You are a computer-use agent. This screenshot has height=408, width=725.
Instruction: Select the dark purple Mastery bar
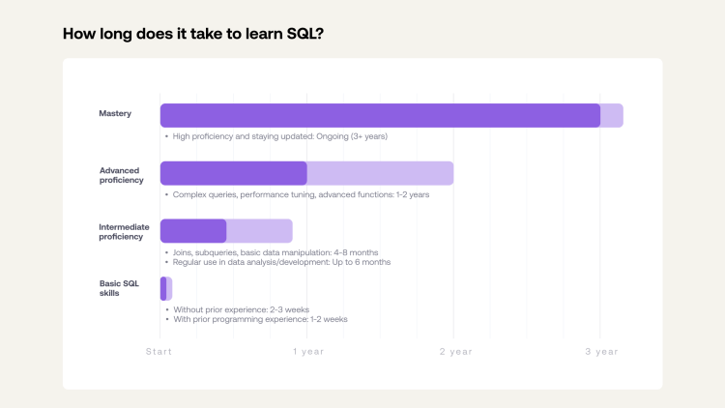(380, 115)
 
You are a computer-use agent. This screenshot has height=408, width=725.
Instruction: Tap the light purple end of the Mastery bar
(612, 115)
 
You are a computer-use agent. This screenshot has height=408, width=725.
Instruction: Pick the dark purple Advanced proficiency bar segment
(233, 173)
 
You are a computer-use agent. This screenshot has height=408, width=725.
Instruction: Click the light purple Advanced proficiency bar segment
(380, 173)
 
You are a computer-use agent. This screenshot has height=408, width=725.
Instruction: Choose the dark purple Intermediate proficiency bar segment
(193, 231)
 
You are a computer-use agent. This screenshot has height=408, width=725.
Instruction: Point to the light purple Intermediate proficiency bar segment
(259, 231)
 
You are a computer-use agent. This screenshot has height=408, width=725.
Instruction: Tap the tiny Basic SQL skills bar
(165, 288)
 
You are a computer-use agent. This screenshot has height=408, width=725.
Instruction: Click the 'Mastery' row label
(115, 114)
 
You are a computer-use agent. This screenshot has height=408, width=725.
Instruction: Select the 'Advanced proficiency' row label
(121, 175)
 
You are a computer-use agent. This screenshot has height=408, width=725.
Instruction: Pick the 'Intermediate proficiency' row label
(124, 232)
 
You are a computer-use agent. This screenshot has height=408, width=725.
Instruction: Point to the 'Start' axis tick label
(159, 352)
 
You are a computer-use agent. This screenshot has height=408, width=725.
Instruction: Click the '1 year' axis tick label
(307, 352)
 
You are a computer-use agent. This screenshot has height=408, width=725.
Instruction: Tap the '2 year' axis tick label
(454, 352)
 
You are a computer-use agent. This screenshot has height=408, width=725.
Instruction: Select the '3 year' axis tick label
(600, 352)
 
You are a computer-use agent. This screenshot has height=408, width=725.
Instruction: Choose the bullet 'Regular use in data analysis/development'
(280, 262)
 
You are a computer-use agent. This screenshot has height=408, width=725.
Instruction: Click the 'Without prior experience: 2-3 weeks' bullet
(241, 309)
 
